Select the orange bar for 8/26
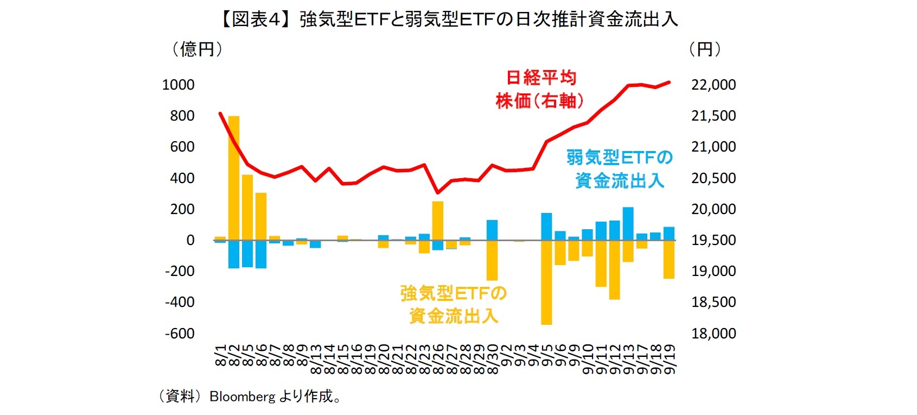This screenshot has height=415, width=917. pyautogui.click(x=438, y=220)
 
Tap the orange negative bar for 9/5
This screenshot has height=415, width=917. pyautogui.click(x=546, y=282)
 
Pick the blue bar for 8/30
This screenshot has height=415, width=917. pyautogui.click(x=492, y=230)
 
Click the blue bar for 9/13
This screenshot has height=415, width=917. pyautogui.click(x=628, y=223)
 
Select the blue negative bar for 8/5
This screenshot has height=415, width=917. pyautogui.click(x=247, y=253)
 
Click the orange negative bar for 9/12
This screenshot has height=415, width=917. pyautogui.click(x=614, y=269)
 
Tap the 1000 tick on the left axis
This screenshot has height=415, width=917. pyautogui.click(x=178, y=85)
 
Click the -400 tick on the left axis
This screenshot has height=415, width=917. pyautogui.click(x=180, y=302)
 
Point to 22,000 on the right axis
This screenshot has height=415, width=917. pyautogui.click(x=713, y=85)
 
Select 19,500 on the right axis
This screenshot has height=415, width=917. pyautogui.click(x=713, y=240)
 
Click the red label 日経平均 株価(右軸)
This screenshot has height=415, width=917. pyautogui.click(x=540, y=89)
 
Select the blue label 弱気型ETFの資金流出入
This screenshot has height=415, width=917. pyautogui.click(x=620, y=169)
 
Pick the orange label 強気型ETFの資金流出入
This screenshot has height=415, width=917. pyautogui.click(x=454, y=305)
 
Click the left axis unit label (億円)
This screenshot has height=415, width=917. pyautogui.click(x=198, y=49)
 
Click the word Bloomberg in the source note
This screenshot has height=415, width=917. pyautogui.click(x=243, y=397)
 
